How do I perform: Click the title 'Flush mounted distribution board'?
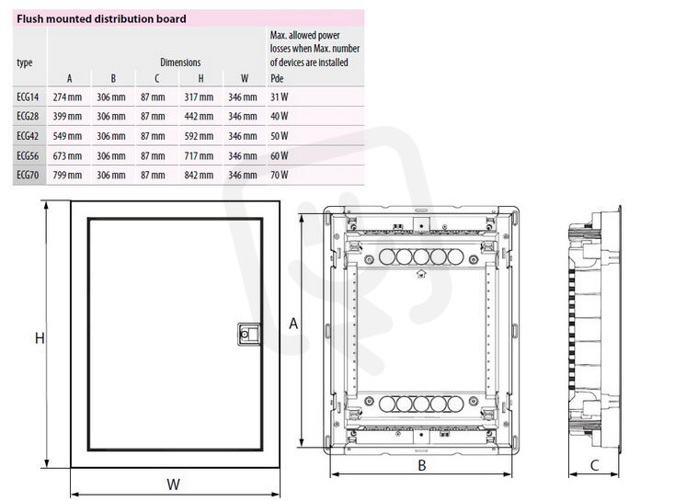[101, 19]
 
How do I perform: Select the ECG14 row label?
[28, 97]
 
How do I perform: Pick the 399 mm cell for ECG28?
[67, 116]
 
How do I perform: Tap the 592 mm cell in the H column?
[199, 136]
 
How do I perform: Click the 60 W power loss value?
[280, 155]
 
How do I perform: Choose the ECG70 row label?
[28, 176]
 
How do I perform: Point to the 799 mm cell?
[67, 176]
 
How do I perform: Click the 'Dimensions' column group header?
[180, 63]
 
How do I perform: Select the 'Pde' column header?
[277, 78]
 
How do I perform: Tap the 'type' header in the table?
[25, 63]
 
